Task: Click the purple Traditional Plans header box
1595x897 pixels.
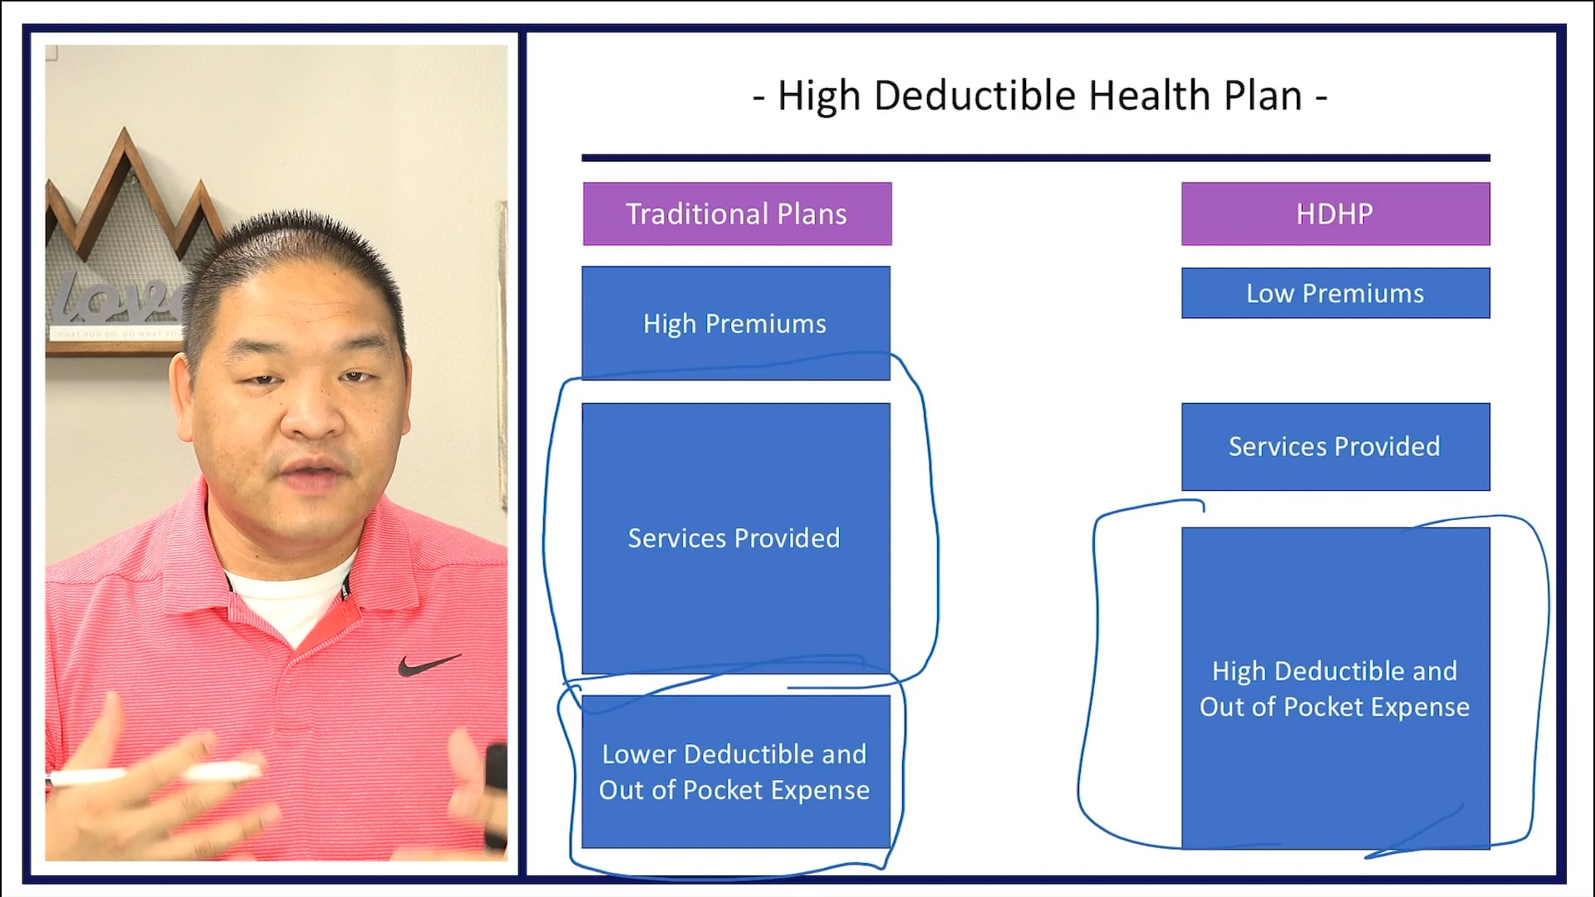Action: coord(737,213)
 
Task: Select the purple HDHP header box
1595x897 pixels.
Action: coord(1335,213)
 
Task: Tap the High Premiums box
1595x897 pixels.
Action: coord(735,323)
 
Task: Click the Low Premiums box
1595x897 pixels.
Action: coord(1335,293)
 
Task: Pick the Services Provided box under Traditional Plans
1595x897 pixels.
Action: coord(735,538)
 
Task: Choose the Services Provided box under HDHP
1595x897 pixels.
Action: coord(1335,447)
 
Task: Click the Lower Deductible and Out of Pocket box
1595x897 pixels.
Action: coord(735,772)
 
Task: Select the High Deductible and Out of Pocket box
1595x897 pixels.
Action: coord(1335,689)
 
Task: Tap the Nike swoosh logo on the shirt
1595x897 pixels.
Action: coord(428,664)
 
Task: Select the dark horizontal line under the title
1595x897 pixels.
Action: coord(1035,158)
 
